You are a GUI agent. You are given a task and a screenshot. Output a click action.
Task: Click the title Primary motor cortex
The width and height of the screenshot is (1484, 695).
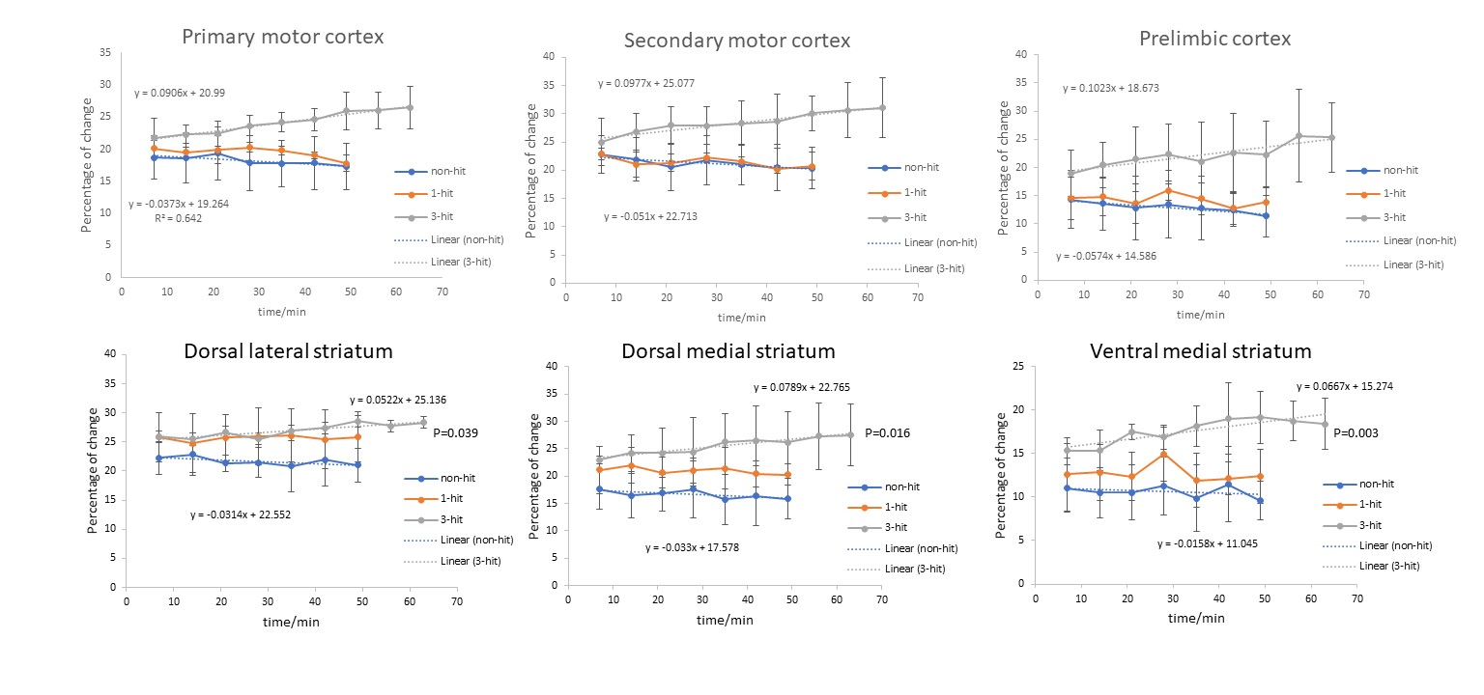click(282, 38)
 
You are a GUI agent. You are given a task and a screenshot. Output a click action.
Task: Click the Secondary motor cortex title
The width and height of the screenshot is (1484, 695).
click(736, 41)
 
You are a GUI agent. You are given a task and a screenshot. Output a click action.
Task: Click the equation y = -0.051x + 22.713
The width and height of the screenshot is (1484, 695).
click(650, 216)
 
